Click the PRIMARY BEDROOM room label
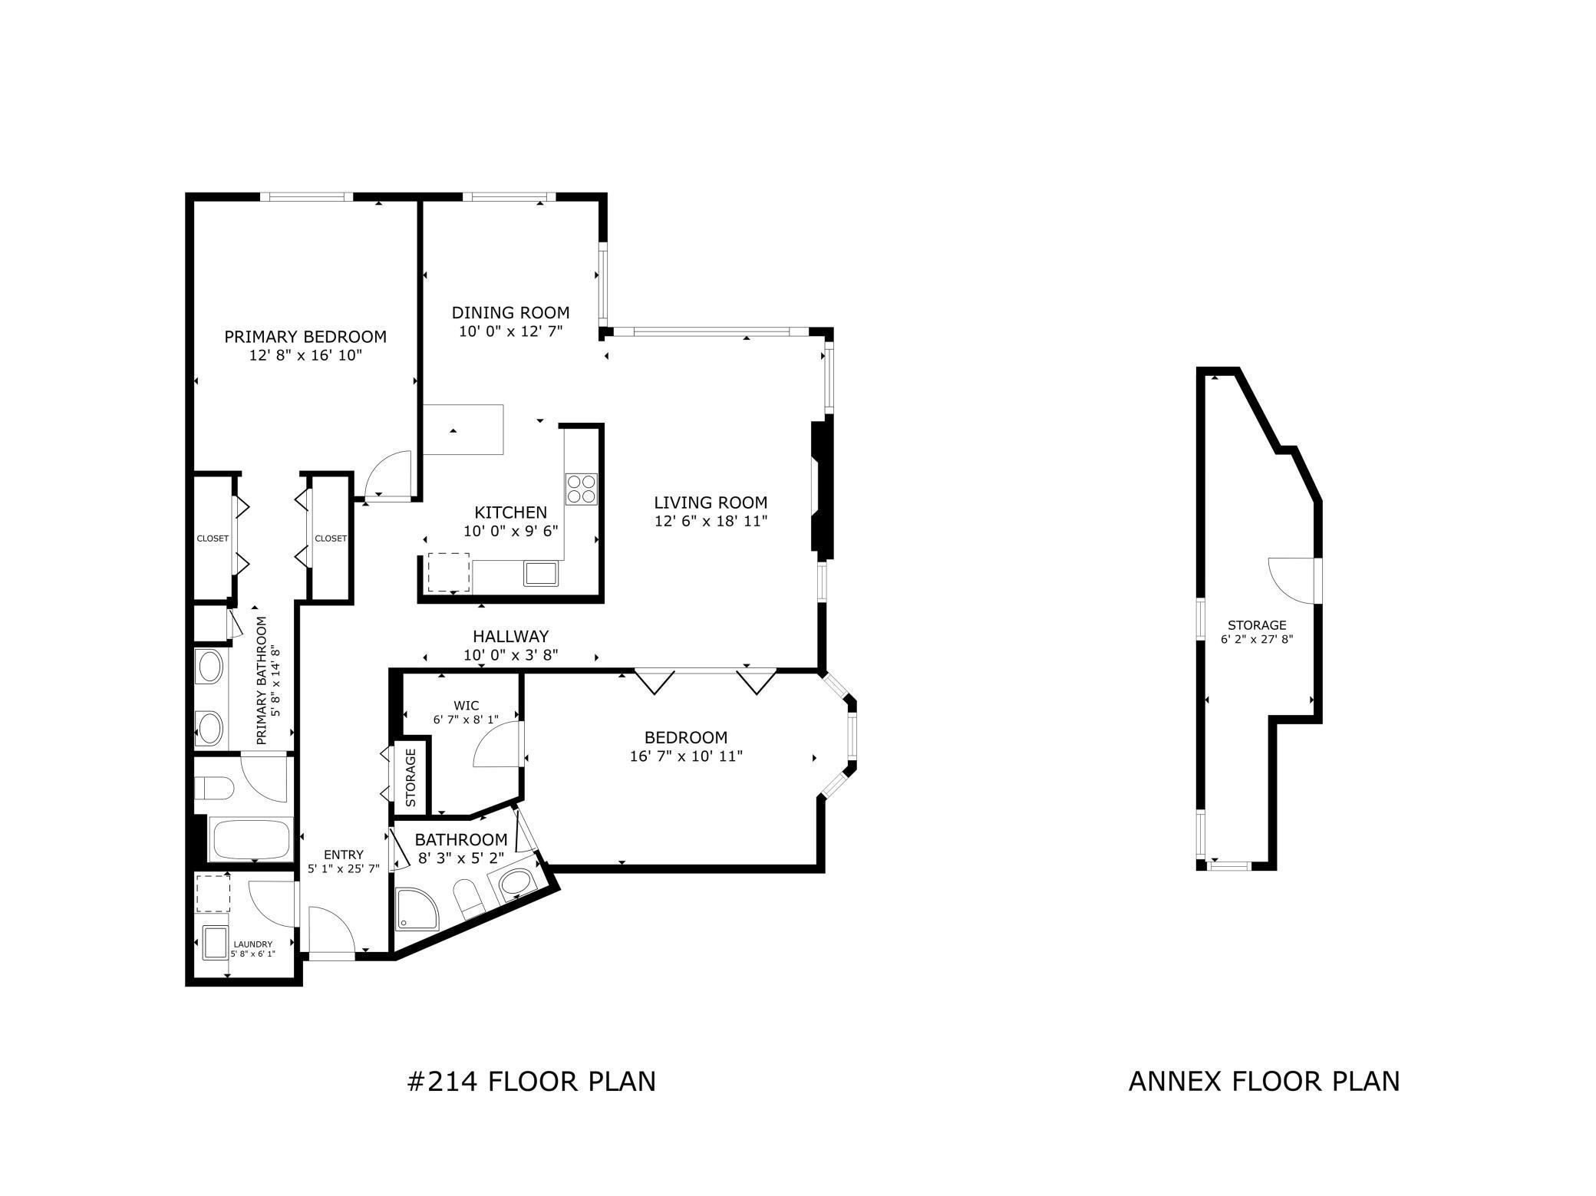[x=305, y=337]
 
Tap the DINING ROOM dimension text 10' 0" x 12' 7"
[x=510, y=331]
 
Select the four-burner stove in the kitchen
[x=581, y=489]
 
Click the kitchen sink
[x=542, y=573]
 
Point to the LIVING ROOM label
[x=711, y=503]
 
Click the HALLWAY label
[x=510, y=636]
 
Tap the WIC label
[x=466, y=706]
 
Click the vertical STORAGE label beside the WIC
[x=410, y=778]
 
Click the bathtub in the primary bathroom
[x=250, y=840]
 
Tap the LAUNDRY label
[x=252, y=944]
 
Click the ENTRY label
[x=343, y=855]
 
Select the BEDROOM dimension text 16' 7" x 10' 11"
[x=685, y=756]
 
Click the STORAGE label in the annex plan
[x=1256, y=625]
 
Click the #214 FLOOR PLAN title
[x=531, y=1081]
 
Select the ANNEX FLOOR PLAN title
[x=1264, y=1081]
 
